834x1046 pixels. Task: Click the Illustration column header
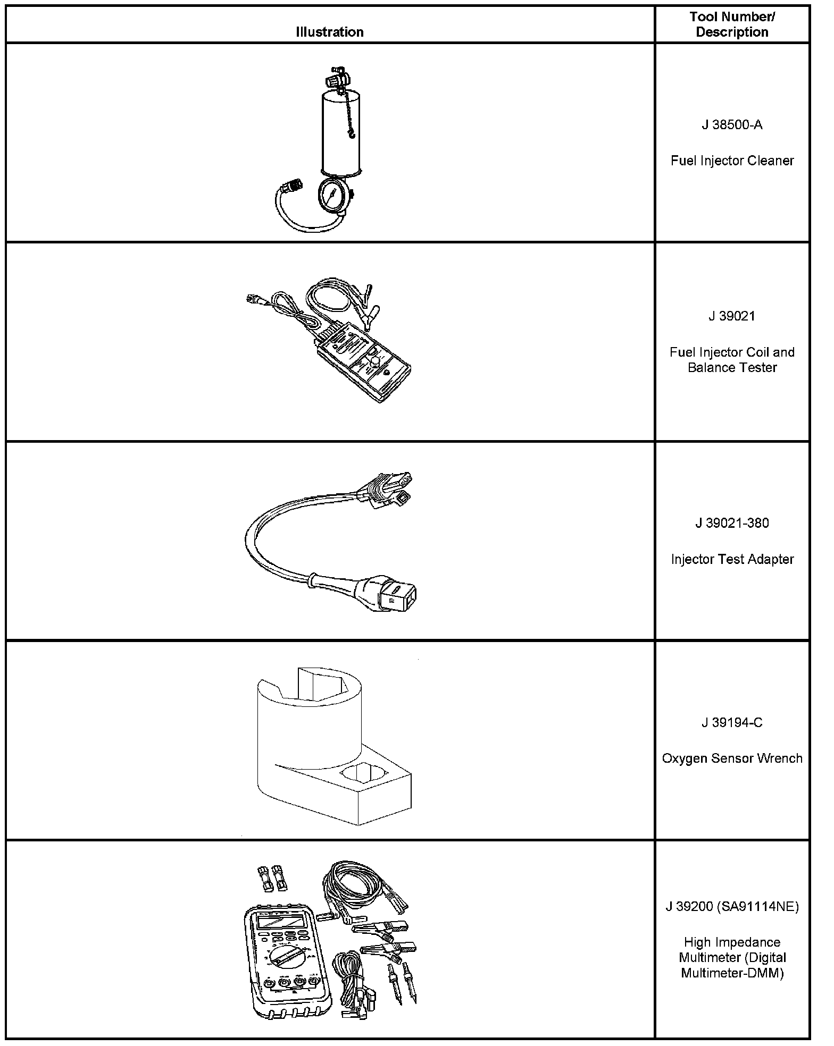pos(329,32)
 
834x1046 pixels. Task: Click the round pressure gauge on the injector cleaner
pos(332,195)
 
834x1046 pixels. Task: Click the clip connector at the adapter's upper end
pos(387,488)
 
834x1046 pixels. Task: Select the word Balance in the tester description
pos(709,367)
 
